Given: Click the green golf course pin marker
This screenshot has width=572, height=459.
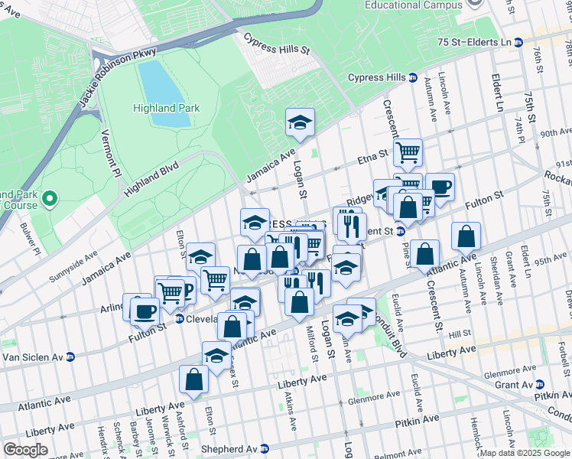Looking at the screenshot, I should (50, 200).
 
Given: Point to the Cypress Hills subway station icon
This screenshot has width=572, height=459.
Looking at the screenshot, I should (413, 78).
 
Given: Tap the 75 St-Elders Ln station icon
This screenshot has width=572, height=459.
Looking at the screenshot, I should (518, 42).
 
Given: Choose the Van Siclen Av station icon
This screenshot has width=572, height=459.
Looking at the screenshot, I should (70, 356).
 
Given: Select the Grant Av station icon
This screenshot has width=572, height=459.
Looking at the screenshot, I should (541, 385).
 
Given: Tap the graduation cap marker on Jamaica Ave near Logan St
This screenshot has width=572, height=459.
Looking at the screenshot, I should (301, 122).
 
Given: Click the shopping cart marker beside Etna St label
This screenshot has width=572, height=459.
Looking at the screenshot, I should (408, 151).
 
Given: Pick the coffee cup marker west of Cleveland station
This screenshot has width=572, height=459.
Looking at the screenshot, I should (144, 310).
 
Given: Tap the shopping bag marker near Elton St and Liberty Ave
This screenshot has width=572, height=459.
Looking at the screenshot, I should (194, 379).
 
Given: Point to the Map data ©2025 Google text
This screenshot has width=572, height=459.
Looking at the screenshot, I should (525, 453).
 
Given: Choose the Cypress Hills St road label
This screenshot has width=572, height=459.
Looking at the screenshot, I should (276, 44).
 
